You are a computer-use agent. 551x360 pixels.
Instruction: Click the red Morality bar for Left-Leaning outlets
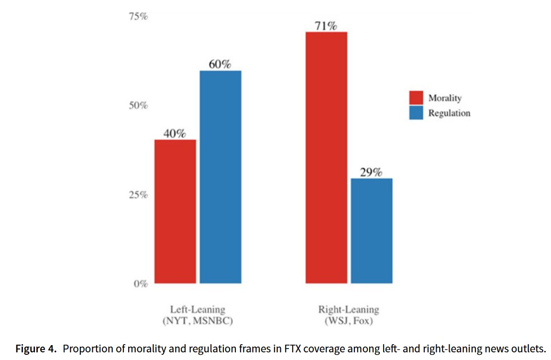pos(175,211)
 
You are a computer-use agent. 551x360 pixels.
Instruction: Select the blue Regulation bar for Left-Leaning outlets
pos(220,177)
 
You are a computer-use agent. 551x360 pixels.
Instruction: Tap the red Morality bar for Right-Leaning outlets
pos(326,157)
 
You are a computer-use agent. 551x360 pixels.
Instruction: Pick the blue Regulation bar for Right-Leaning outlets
pos(372,230)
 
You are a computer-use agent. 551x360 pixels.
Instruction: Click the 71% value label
pos(326,25)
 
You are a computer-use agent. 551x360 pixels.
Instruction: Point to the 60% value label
pos(220,64)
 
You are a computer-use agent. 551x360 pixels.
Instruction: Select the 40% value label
pos(175,134)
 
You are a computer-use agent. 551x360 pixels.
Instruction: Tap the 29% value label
pos(372,172)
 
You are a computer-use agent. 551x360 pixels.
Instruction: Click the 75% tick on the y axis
pos(138,16)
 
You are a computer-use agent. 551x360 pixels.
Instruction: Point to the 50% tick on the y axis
pos(138,105)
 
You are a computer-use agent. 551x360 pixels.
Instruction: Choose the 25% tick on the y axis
pos(138,195)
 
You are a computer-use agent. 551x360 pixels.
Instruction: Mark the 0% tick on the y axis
pos(140,284)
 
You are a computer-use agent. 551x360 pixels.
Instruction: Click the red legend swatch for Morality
pos(416,98)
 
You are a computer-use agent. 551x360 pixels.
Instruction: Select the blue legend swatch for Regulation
pos(416,113)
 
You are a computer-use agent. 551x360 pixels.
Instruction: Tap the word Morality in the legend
pos(445,98)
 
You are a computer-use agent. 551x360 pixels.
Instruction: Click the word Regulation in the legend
pos(449,113)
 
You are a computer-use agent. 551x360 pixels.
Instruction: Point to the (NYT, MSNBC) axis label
pos(198,321)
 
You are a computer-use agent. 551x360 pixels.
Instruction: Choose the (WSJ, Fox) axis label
pos(348,321)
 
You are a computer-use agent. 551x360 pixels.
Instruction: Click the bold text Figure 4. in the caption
pos(36,349)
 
